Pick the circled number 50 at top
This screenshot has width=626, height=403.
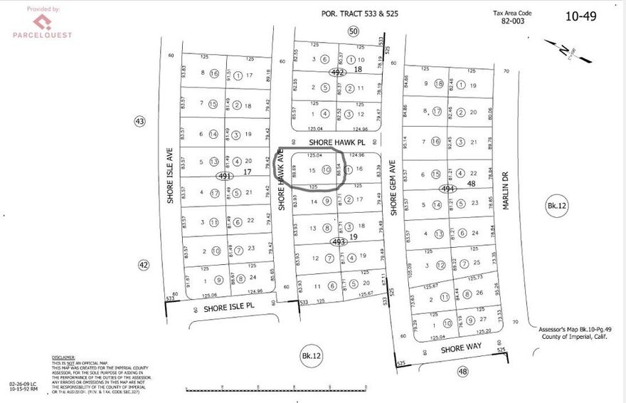tap(353, 30)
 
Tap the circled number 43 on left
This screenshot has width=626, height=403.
tap(139, 122)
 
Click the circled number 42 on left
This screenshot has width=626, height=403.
tap(144, 265)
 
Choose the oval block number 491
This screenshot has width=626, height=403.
tap(226, 176)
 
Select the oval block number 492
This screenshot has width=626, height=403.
tap(338, 73)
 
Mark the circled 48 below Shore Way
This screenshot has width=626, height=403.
tap(464, 371)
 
